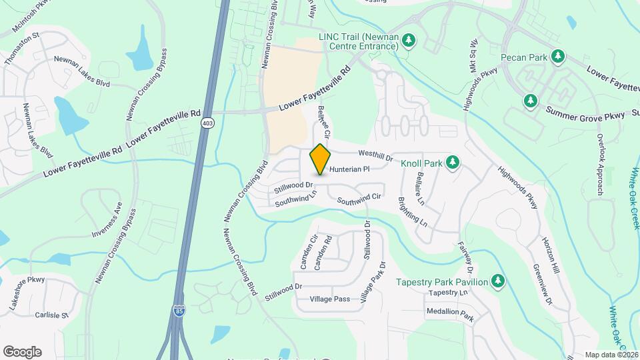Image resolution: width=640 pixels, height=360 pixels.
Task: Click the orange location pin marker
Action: click(x=321, y=159)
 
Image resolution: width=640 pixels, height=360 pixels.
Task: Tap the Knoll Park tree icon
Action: click(x=453, y=162)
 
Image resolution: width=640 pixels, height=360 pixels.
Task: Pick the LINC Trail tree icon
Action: click(x=409, y=42)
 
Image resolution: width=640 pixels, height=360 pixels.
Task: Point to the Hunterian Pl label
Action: click(x=349, y=169)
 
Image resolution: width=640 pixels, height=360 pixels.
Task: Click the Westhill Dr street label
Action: click(x=375, y=155)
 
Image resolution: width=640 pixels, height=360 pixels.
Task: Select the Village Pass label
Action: click(x=329, y=299)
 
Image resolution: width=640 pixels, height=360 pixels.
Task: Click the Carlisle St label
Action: click(x=53, y=315)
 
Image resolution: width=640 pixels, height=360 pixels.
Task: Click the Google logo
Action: click(x=22, y=352)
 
